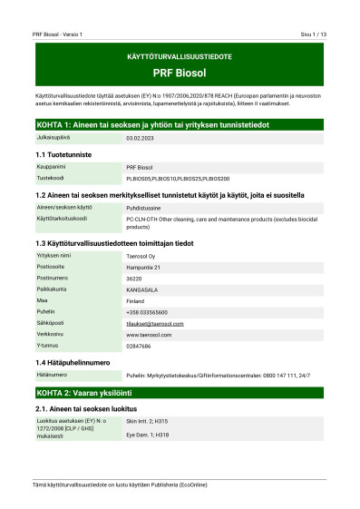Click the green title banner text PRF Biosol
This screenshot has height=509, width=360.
(x=180, y=71)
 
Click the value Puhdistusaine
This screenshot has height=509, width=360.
(x=145, y=208)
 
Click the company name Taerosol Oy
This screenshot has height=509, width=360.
(x=143, y=257)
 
